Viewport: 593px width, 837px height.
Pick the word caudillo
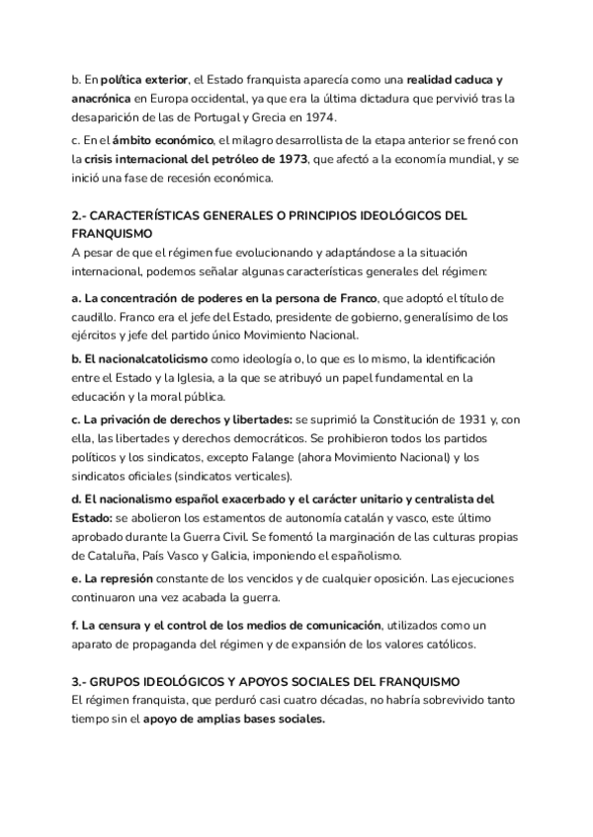tap(96, 318)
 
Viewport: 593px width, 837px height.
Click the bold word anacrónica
tap(106, 97)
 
